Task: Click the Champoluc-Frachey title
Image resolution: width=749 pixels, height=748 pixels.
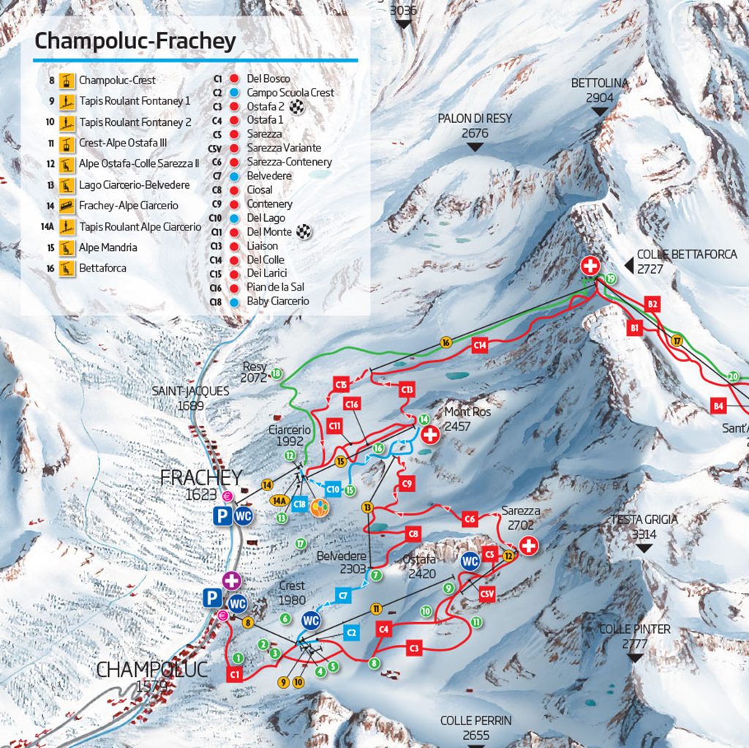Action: [x=135, y=41]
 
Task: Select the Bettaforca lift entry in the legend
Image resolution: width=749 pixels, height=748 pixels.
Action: [x=102, y=269]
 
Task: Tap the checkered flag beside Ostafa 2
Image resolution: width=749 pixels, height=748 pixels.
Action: [x=296, y=107]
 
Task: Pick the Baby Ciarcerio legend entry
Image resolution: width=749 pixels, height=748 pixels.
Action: [x=277, y=302]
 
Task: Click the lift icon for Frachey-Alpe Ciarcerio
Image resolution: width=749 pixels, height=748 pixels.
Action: [x=67, y=206]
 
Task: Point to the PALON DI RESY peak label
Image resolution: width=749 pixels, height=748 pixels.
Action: [x=475, y=125]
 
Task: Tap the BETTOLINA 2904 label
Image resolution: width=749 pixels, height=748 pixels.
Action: [x=599, y=90]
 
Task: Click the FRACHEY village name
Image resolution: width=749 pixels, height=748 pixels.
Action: [x=200, y=478]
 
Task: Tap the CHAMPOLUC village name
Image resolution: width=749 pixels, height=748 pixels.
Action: [x=152, y=670]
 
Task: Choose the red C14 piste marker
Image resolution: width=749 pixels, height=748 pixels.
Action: [x=480, y=344]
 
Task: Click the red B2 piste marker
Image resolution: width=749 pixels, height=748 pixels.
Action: [x=652, y=304]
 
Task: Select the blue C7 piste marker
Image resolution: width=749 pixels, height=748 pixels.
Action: [x=344, y=595]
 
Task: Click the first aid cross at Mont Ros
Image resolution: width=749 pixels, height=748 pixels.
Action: [x=431, y=435]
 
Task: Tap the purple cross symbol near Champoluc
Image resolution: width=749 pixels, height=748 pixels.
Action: [x=232, y=580]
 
